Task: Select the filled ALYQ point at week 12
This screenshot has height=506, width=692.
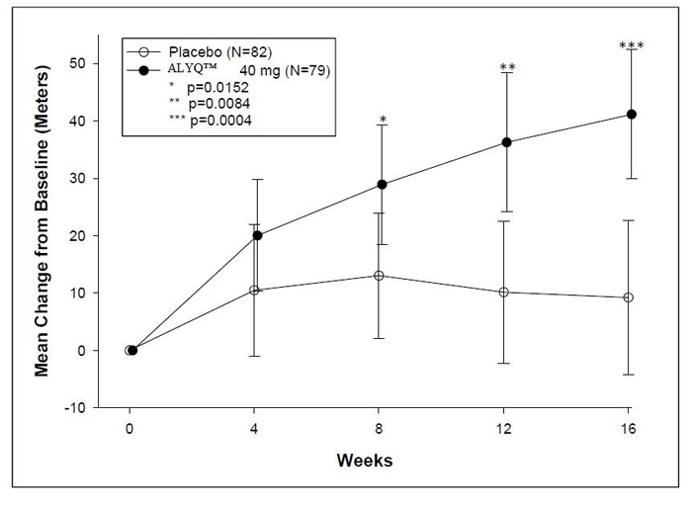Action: [507, 142]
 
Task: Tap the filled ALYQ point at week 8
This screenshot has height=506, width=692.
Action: [382, 184]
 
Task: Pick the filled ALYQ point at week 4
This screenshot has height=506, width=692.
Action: [257, 235]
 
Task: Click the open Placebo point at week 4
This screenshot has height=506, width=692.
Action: [255, 290]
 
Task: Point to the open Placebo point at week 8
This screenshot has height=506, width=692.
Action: [380, 275]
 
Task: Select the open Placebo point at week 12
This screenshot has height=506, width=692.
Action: [504, 292]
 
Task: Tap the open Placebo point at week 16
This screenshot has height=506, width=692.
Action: [629, 297]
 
